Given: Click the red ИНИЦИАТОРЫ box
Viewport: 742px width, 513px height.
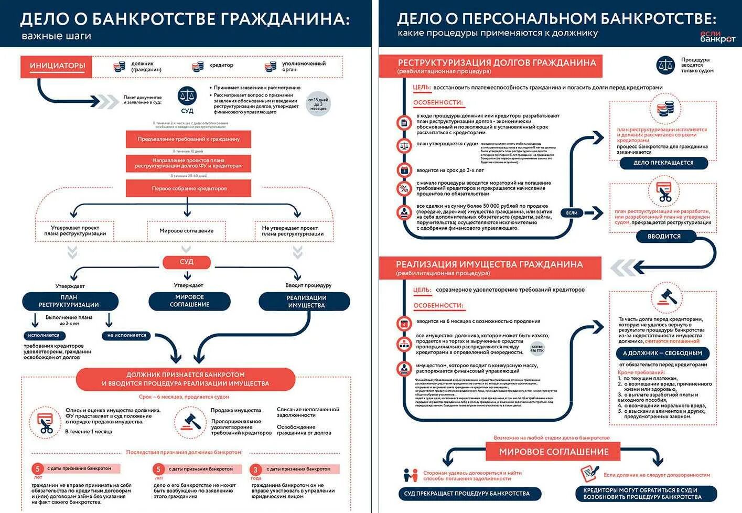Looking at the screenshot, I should coord(57,67).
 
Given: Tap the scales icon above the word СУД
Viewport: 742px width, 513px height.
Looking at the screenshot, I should coord(187,96).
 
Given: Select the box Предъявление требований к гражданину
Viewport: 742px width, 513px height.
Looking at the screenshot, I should coord(188,140).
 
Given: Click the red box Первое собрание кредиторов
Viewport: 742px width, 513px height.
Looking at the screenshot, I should coord(188,188).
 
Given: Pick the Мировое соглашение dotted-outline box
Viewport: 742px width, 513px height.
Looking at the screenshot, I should coord(186,231).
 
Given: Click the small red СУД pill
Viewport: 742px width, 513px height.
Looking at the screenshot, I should coord(187,262).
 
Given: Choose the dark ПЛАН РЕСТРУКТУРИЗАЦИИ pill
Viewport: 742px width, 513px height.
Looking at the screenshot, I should coord(69,301).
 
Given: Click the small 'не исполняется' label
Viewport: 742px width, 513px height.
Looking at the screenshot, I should coord(126,335).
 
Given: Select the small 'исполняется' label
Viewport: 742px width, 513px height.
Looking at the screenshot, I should coord(44,335).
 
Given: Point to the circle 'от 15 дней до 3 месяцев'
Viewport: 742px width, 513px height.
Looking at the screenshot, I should coord(318,103).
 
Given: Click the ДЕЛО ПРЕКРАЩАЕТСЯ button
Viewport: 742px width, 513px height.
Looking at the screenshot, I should coord(663,163).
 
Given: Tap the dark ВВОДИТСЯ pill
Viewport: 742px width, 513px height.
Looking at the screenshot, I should coord(664,237).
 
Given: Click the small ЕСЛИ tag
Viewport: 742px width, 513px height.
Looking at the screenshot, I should coord(572,212).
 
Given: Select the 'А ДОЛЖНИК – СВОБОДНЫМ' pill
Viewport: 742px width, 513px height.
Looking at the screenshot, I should coord(662,354).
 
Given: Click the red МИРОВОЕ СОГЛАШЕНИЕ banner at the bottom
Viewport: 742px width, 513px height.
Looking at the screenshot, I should coord(553,452).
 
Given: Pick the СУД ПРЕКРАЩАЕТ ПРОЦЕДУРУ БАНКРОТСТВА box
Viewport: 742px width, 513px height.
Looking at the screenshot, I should coord(470,494).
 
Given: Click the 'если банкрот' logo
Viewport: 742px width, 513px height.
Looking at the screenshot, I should coord(717,36).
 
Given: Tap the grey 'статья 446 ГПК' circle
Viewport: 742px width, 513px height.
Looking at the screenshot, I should coord(537,348).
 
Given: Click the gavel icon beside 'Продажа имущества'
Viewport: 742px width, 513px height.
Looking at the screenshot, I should coord(190,420).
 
